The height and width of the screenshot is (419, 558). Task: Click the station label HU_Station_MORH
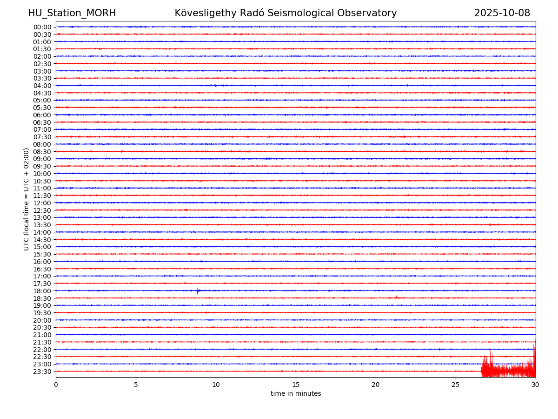coord(72,13)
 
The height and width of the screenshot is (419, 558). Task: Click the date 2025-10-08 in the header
coord(502,13)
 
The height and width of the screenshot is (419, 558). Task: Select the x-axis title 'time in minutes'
coord(296,394)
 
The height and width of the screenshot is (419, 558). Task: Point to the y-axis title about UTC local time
coord(27,199)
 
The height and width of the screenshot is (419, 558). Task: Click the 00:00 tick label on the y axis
coord(42,27)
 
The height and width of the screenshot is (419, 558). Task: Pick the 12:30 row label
coord(42,210)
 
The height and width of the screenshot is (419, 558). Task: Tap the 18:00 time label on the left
coord(42,291)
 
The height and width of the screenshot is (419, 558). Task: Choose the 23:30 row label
coord(42,372)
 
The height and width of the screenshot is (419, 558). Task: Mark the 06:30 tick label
coord(42,122)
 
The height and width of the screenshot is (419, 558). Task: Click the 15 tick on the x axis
coord(296,385)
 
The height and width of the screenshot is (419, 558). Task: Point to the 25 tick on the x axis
coord(456,385)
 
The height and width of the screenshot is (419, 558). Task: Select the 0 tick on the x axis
coord(56,385)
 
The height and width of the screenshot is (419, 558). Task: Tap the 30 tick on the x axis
coord(536,385)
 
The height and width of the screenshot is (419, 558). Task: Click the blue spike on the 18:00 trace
coord(198,291)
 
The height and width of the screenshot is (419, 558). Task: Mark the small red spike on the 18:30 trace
coord(396,297)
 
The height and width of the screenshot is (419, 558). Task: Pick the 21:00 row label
coord(42,335)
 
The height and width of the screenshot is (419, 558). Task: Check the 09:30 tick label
coord(42,166)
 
